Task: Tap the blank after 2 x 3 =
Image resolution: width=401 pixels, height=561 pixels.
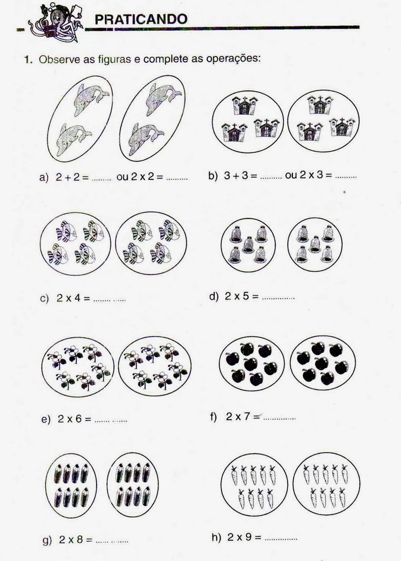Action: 346,178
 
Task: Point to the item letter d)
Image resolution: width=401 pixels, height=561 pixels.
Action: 214,297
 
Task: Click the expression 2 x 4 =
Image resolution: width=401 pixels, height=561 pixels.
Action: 73,298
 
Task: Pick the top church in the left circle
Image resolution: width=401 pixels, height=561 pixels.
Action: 245,105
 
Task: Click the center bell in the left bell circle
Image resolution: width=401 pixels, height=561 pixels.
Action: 248,245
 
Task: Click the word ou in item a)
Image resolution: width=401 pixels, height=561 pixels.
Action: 122,177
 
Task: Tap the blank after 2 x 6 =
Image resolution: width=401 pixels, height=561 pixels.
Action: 111,421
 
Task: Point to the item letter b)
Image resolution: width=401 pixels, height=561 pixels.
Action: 213,176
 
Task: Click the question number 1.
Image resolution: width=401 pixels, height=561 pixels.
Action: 28,60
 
